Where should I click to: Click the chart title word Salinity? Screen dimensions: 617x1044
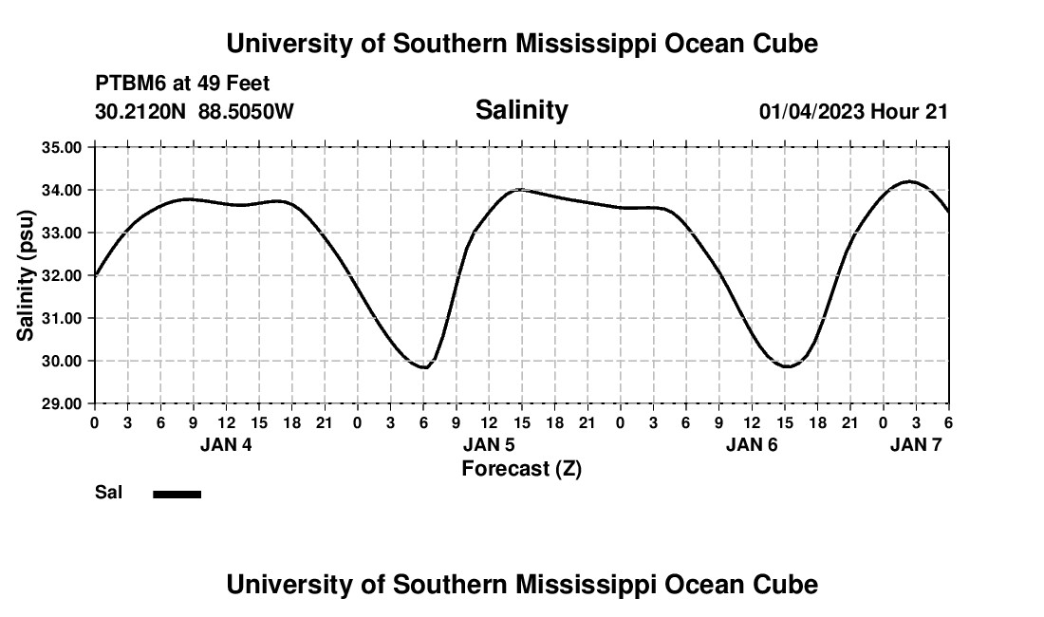pos(521,110)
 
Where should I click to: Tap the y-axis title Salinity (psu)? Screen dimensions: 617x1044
pos(26,275)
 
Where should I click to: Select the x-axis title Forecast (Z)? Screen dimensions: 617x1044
pos(521,468)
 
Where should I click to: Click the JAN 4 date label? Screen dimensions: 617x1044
pos(226,444)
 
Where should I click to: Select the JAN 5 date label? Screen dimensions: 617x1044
pos(489,444)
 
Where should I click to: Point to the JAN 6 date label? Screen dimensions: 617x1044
pos(752,444)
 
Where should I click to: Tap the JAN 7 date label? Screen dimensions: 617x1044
pos(916,444)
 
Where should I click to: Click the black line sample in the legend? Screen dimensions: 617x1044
pos(177,494)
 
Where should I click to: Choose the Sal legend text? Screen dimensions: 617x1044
pos(109,493)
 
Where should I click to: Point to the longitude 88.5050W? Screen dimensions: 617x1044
pos(246,111)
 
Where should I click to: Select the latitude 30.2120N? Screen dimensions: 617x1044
pos(141,111)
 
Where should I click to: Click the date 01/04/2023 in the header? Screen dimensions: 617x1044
pos(811,111)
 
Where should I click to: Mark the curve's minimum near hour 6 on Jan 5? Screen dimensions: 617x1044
pos(424,367)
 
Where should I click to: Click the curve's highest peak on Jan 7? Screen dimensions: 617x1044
pos(909,181)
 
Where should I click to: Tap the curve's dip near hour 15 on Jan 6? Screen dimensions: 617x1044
pos(787,366)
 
